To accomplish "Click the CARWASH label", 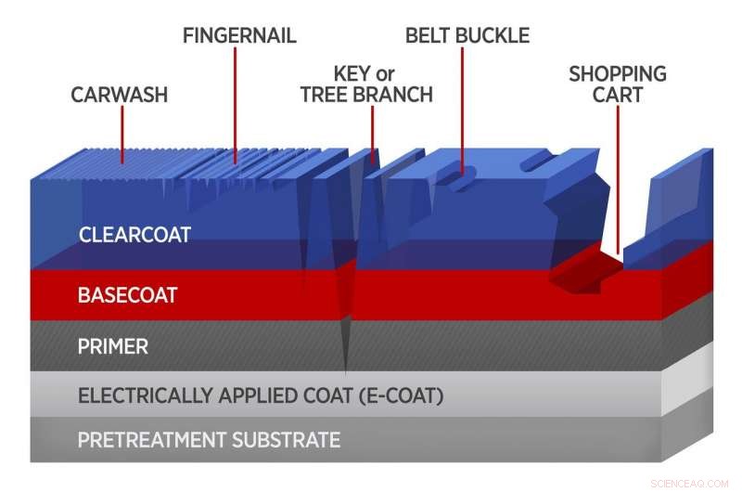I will [x=121, y=95].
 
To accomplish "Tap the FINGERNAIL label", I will [x=239, y=36].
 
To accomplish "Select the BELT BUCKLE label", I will [x=467, y=36].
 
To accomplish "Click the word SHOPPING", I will [x=618, y=73].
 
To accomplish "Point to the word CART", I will [x=618, y=95].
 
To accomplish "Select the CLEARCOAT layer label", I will [x=134, y=235].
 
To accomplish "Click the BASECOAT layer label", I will [x=127, y=296].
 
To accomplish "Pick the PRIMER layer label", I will [x=113, y=347].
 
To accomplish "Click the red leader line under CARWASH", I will [x=121, y=135].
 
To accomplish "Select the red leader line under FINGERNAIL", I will [x=236, y=102].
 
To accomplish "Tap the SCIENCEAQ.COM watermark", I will [x=692, y=483].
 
